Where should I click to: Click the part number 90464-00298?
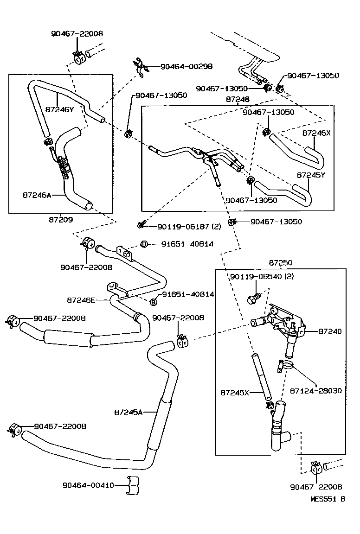pyautogui.click(x=186, y=67)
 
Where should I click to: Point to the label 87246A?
pyautogui.click(x=37, y=195)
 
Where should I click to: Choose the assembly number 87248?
pyautogui.click(x=238, y=99)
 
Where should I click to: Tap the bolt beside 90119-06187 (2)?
pyautogui.click(x=140, y=225)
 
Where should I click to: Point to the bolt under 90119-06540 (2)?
pyautogui.click(x=254, y=298)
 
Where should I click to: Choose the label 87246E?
pyautogui.click(x=81, y=300)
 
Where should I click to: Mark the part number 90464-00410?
pyautogui.click(x=88, y=485)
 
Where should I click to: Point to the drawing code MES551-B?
pyautogui.click(x=328, y=499)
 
